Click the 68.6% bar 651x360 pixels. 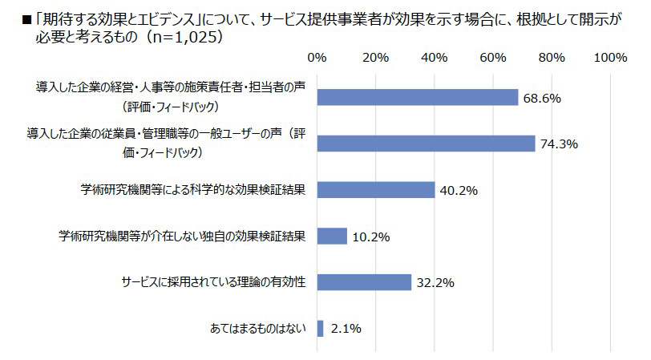[418, 97]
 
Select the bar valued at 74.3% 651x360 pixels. [426, 143]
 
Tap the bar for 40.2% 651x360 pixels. [376, 189]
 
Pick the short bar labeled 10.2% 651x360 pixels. [332, 236]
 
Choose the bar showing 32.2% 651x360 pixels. [364, 282]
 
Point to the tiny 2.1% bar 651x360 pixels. [321, 329]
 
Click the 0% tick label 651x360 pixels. [317, 58]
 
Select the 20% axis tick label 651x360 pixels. [375, 58]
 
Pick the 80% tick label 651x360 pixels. [552, 58]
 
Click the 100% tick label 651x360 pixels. [611, 58]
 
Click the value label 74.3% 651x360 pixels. [560, 144]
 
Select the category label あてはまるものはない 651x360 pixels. [259, 329]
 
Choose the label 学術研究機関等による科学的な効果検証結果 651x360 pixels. [195, 189]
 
